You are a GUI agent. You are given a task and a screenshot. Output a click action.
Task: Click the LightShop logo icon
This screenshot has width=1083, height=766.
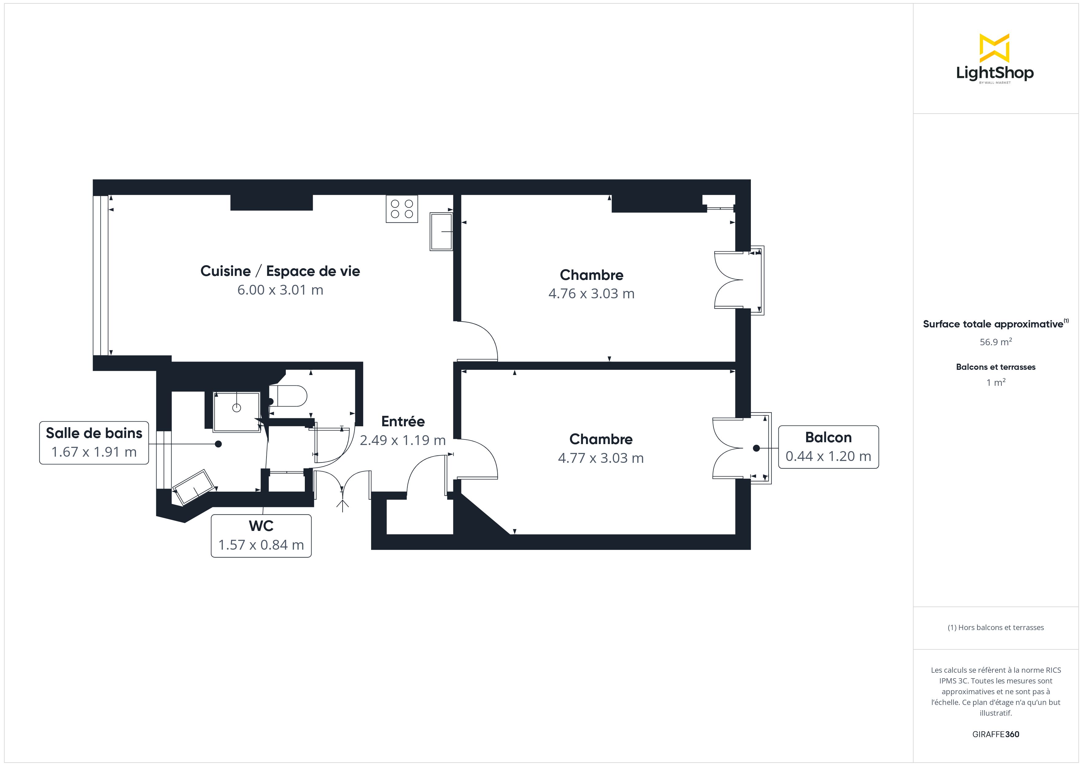(x=994, y=48)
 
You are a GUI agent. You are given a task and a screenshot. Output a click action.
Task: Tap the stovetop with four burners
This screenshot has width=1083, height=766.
(x=402, y=209)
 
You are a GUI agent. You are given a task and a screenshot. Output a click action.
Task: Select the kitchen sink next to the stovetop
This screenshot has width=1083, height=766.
(x=441, y=232)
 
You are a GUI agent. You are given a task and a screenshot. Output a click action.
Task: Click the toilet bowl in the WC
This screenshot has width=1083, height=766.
(x=288, y=396)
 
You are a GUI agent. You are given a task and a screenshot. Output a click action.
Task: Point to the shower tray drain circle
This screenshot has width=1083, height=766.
(x=237, y=408)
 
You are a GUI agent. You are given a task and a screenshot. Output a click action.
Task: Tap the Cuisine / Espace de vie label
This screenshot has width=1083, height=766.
(x=280, y=271)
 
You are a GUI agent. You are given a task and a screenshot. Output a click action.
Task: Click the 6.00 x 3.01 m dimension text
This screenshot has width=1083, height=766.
(x=280, y=290)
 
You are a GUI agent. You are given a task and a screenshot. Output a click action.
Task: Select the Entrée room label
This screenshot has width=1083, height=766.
(x=403, y=421)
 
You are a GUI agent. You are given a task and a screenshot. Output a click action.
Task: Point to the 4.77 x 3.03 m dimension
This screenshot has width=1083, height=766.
(x=601, y=458)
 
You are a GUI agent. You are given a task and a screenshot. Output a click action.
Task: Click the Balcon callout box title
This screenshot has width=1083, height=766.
(x=828, y=438)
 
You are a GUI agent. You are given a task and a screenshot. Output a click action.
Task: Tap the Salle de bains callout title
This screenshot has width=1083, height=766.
(x=94, y=433)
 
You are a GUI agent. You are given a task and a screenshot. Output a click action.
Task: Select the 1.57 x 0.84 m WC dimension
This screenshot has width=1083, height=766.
(x=261, y=545)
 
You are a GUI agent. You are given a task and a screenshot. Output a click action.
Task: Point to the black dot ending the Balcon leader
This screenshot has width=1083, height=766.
(x=756, y=448)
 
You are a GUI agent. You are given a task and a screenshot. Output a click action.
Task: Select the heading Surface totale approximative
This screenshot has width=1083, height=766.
(x=993, y=324)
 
